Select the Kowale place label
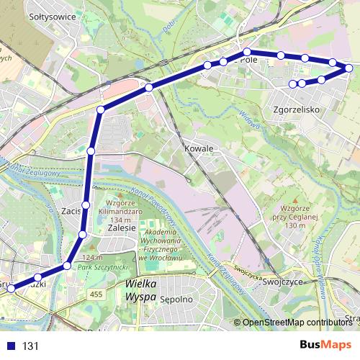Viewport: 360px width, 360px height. (199, 148)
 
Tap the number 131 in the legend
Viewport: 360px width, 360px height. (30, 346)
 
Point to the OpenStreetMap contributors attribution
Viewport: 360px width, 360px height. (297, 323)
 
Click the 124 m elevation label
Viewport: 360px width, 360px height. (94, 258)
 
